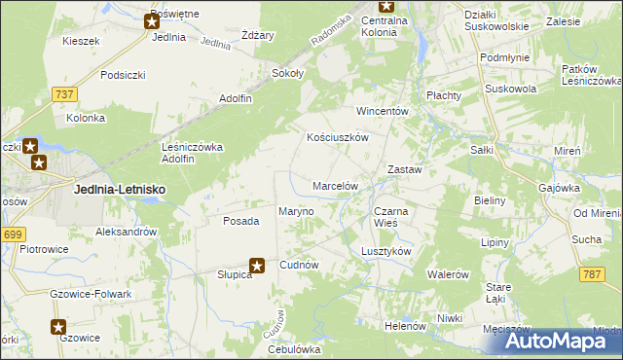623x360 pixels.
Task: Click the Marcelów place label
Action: point(336,185)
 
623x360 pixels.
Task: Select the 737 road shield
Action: point(65,93)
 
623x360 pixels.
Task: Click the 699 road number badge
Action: point(13,234)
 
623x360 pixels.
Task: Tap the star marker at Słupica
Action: point(257,264)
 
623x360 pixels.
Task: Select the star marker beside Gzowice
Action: point(58,327)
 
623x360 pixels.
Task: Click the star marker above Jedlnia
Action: point(153,19)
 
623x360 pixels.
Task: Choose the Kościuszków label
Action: point(337,138)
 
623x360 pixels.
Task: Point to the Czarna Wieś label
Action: point(392,217)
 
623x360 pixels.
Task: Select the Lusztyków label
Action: point(386,250)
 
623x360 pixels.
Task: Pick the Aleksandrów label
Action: point(127,232)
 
